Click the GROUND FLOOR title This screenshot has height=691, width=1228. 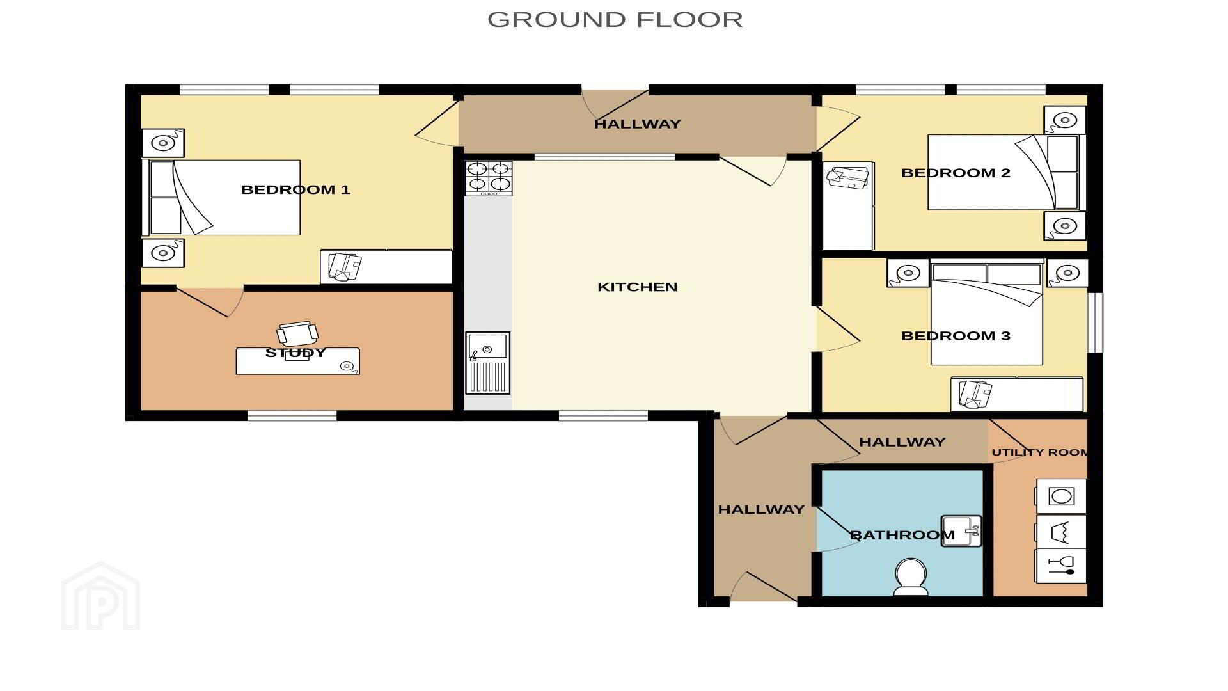pyautogui.click(x=615, y=19)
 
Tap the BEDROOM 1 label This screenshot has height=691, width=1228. pyautogui.click(x=295, y=189)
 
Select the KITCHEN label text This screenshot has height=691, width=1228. pyautogui.click(x=637, y=287)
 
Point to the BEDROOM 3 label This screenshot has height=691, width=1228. pyautogui.click(x=956, y=336)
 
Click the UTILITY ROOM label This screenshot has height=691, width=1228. pyautogui.click(x=1040, y=452)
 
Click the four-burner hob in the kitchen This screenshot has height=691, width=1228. pyautogui.click(x=489, y=178)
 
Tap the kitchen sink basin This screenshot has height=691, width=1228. pyautogui.click(x=487, y=363)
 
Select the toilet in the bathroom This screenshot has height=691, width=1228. pyautogui.click(x=911, y=576)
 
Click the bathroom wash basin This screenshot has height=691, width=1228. pyautogui.click(x=961, y=531)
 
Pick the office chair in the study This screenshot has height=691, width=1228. pyautogui.click(x=297, y=334)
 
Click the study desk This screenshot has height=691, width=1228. pyautogui.click(x=298, y=361)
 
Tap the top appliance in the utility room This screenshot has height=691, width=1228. pyautogui.click(x=1061, y=496)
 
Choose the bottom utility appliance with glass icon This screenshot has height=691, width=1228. pyautogui.click(x=1061, y=566)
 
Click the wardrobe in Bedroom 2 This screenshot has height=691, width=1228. pyautogui.click(x=848, y=205)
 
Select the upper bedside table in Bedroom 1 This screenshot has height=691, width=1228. pyautogui.click(x=163, y=143)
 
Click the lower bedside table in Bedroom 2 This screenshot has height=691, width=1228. pyautogui.click(x=1065, y=226)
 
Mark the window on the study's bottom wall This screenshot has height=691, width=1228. pyautogui.click(x=292, y=416)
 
